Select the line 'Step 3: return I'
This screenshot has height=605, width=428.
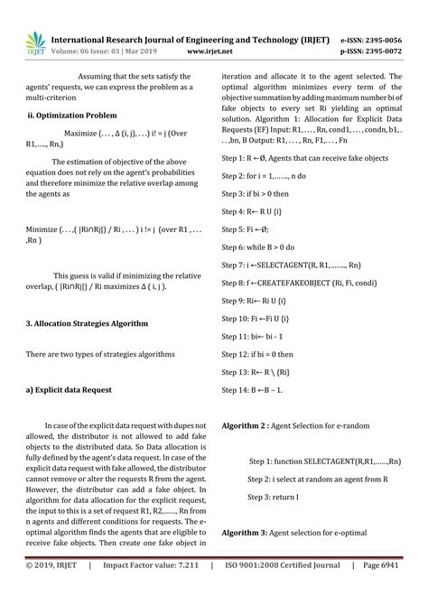273,497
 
